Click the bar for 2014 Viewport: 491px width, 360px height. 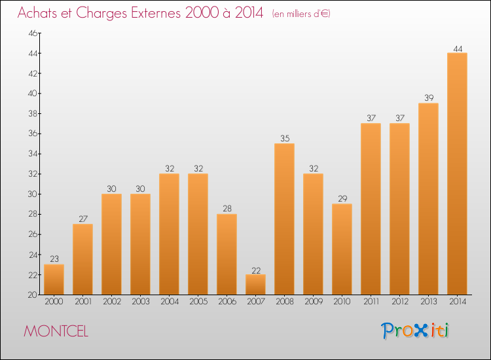pyautogui.click(x=457, y=173)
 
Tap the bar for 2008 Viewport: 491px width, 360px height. pyautogui.click(x=284, y=219)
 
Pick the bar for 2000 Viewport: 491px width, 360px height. pyautogui.click(x=54, y=279)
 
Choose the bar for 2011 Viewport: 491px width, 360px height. pyautogui.click(x=371, y=209)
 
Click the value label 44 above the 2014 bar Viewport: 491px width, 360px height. pyautogui.click(x=457, y=48)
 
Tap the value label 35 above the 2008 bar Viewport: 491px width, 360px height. pyautogui.click(x=284, y=139)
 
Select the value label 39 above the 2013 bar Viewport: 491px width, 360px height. pyautogui.click(x=428, y=98)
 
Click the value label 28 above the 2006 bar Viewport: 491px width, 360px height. pyautogui.click(x=227, y=209)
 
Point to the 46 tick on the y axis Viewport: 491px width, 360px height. pyautogui.click(x=31, y=33)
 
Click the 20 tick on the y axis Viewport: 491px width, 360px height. pyautogui.click(x=31, y=295)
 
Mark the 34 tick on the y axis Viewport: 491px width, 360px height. pyautogui.click(x=31, y=154)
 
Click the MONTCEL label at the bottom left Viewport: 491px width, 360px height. pyautogui.click(x=56, y=331)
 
